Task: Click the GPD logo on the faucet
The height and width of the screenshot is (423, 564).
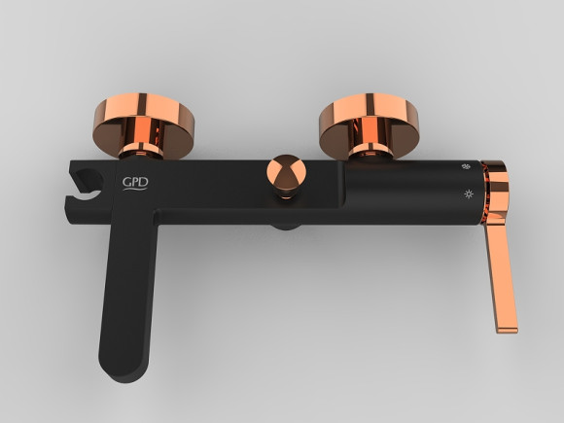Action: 135,184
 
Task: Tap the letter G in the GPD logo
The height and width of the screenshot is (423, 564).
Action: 126,183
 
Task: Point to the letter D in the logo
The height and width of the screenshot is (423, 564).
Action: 144,182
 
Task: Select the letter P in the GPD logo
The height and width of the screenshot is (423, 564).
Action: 135,183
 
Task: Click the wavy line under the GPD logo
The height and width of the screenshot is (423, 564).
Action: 135,189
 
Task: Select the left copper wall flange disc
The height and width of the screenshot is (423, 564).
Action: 144,124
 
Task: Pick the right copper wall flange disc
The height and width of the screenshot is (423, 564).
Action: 370,124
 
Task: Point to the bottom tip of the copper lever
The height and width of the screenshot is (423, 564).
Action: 508,331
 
